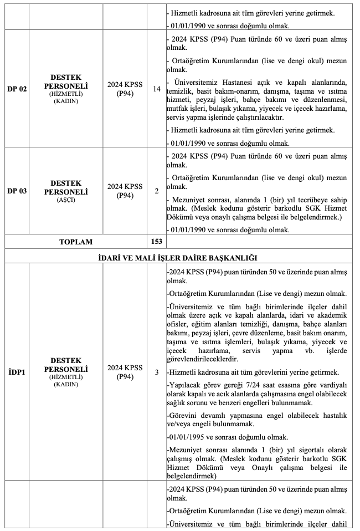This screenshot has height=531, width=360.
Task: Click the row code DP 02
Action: point(17,89)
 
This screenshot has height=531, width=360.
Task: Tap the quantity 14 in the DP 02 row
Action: point(156,89)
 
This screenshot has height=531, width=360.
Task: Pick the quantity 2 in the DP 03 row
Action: point(156,191)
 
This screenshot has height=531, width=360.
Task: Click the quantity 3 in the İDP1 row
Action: point(156,372)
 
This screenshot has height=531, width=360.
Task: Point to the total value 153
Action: point(156,242)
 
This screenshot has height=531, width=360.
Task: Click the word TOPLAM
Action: point(76,242)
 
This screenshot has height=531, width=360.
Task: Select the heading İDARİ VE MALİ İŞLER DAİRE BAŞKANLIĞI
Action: point(180,257)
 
